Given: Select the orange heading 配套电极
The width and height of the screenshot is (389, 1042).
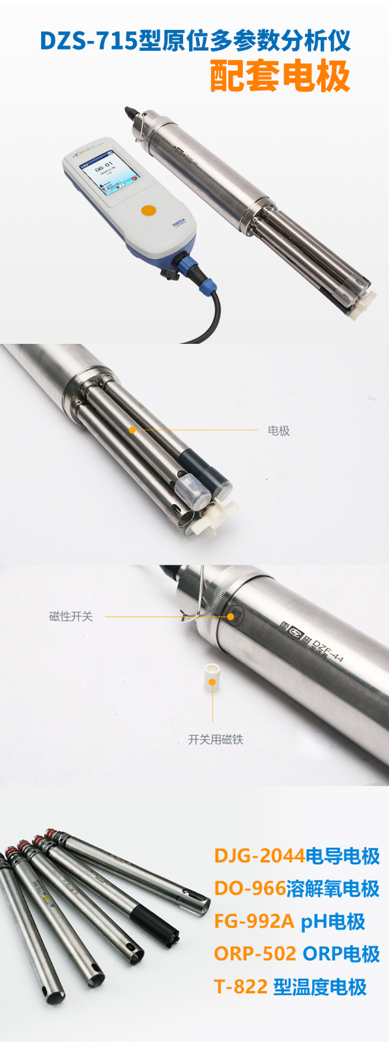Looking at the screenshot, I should pos(281,76).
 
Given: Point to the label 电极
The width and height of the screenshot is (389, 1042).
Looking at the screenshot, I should pos(279,430).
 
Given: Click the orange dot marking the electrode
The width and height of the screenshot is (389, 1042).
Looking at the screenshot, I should pos(132,430).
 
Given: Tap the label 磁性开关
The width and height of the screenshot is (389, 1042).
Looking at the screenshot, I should pos(71,616).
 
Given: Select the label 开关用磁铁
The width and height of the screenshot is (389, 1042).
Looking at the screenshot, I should pos(216,739).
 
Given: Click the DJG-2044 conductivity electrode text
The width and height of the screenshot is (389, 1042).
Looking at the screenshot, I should pos(296,855).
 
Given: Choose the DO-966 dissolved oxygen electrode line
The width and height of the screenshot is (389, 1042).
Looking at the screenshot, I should pos(296,888).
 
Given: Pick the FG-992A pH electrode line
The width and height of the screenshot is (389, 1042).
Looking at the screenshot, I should pos(289,922).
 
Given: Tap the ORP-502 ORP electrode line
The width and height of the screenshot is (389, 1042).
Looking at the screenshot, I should pos(296,954).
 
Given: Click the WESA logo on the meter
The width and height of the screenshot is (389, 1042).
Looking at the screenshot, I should pos(179,223).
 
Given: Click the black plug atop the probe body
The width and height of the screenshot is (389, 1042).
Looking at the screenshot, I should pos(131,113).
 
